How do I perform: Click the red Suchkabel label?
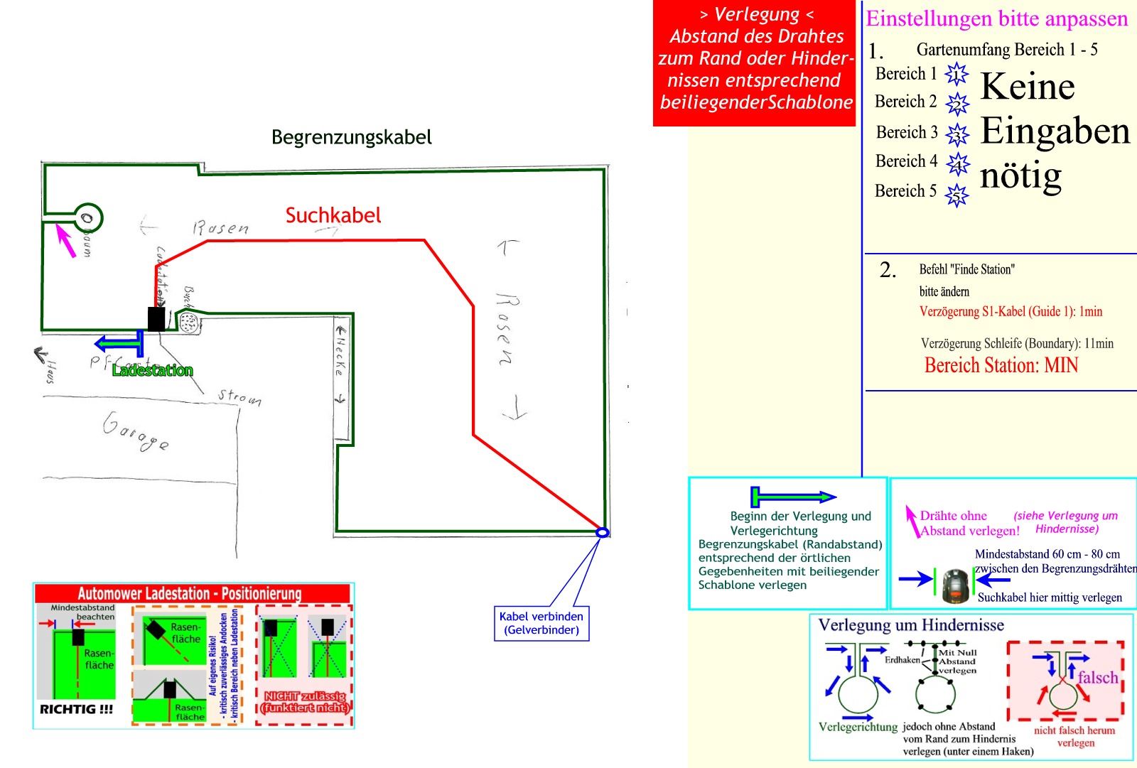pos(333,215)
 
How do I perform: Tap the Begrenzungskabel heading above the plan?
pos(352,137)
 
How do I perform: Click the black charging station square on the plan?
pos(156,319)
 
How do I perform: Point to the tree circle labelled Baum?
pos(88,217)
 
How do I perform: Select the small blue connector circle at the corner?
pos(602,532)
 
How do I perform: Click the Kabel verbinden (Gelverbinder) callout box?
pos(541,623)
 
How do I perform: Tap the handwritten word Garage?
pos(136,432)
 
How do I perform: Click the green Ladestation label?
pos(152,370)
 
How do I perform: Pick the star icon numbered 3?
pos(958,135)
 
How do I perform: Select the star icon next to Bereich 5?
pos(957,195)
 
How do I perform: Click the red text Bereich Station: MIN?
pos(1001,365)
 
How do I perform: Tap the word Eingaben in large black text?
pos(1055,131)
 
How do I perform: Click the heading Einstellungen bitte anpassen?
pos(996,19)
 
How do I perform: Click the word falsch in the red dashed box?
pos(1097,677)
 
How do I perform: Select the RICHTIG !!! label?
pos(76,709)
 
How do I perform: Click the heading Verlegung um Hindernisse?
pos(911,625)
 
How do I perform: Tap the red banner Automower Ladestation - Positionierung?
pos(190,593)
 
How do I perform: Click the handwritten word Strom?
pos(239,397)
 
